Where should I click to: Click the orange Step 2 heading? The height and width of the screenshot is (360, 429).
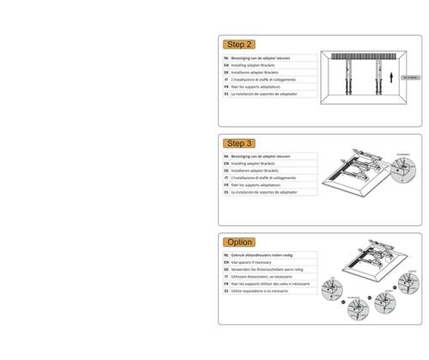click(239, 44)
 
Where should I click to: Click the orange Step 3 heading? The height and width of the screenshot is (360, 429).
click(239, 143)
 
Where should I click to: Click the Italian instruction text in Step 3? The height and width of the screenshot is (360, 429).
click(266, 177)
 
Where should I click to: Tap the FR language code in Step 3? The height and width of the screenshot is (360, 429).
click(226, 185)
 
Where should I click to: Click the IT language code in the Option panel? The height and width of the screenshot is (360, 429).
click(226, 277)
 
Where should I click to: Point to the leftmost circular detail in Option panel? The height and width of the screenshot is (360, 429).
click(334, 289)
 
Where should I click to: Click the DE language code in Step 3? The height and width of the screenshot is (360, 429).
click(226, 171)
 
